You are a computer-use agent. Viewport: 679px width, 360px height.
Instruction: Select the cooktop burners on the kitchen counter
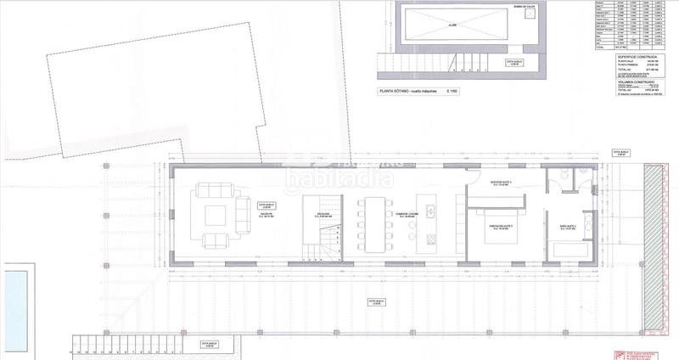coord(430,237)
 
